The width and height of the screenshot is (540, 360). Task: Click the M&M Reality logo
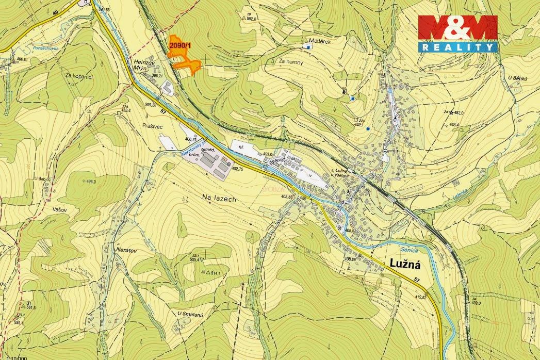(x=457, y=33)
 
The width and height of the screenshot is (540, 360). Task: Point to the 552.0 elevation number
(x=252, y=18)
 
